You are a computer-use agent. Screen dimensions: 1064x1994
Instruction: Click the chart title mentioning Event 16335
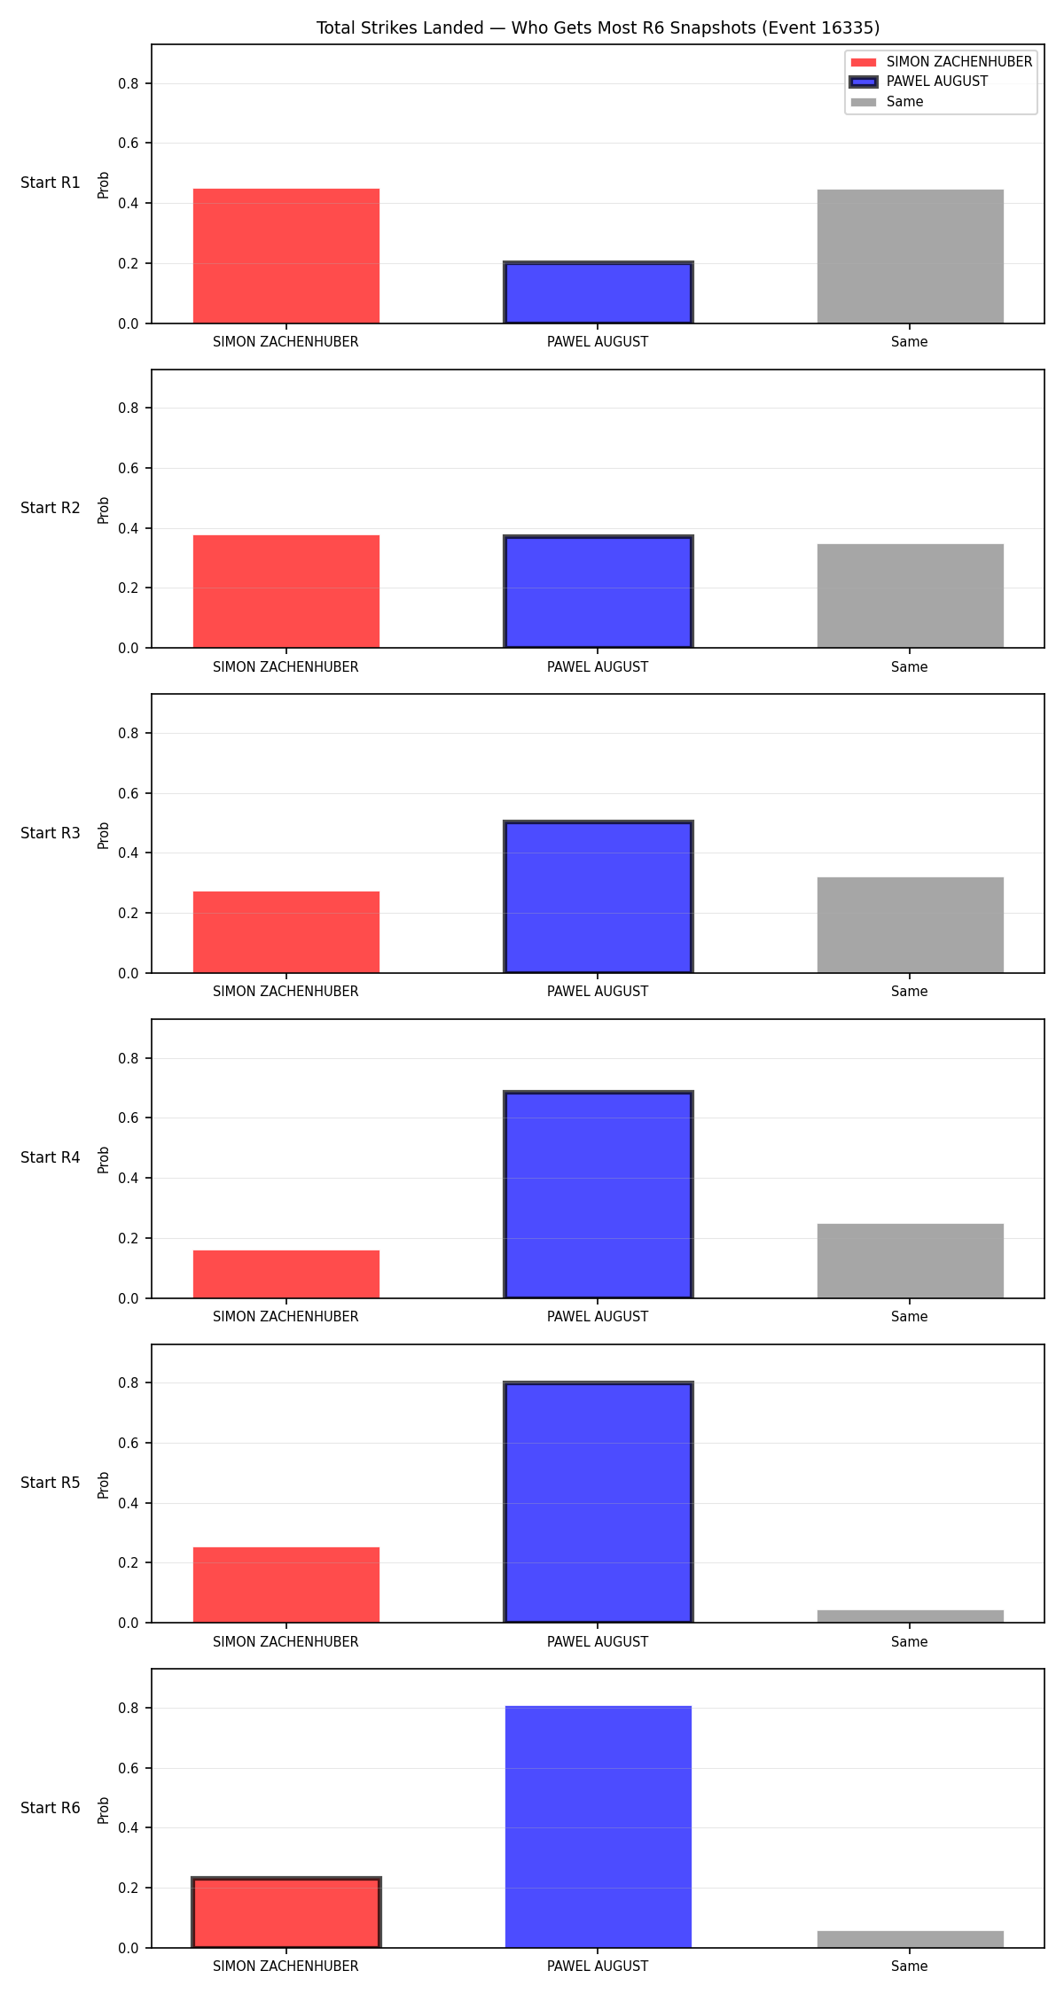coord(598,28)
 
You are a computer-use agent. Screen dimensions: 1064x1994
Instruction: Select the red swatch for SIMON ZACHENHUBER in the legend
coord(864,62)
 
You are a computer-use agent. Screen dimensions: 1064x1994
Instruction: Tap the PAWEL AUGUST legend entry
coord(937,82)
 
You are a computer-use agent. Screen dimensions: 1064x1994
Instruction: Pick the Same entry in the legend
coord(904,102)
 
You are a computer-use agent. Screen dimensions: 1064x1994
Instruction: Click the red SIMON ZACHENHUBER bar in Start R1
coord(286,256)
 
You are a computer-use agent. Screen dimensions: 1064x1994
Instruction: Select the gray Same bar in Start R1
coord(910,256)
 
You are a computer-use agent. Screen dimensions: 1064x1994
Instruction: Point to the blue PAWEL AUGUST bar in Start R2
coord(598,592)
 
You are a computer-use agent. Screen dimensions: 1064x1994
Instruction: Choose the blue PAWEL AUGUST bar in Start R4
coord(598,1195)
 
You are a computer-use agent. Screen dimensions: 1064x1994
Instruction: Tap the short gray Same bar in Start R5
coord(910,1616)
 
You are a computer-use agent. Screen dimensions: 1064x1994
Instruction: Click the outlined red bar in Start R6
coord(286,1912)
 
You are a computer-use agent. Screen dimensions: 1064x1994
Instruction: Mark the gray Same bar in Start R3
coord(910,925)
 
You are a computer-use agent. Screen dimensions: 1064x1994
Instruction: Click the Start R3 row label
coord(51,833)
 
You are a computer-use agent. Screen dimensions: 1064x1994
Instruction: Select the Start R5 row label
coord(51,1483)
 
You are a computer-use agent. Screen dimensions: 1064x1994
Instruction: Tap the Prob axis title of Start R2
coord(104,510)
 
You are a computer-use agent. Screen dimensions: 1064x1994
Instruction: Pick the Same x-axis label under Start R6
coord(910,1966)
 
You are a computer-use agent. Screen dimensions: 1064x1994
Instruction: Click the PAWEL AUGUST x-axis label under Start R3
coord(598,991)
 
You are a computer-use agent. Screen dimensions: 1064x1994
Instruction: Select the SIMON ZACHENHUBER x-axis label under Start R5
coord(286,1641)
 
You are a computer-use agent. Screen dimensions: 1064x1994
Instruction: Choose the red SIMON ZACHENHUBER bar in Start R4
coord(286,1274)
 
